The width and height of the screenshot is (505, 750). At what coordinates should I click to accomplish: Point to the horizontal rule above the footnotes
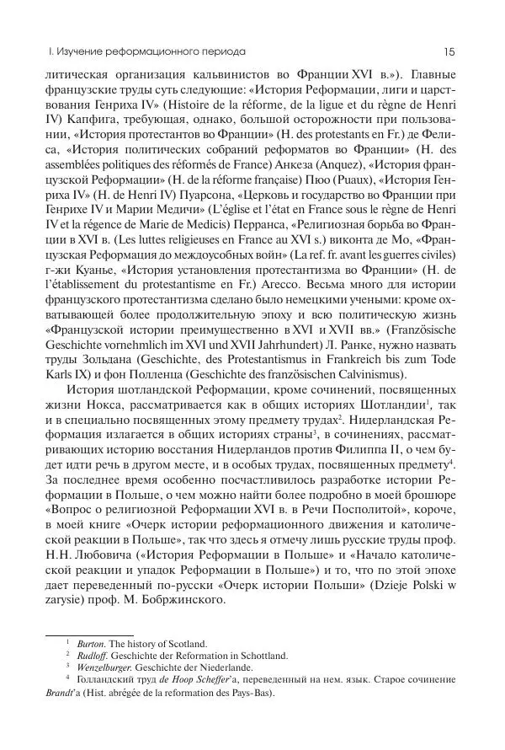pos(88,635)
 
